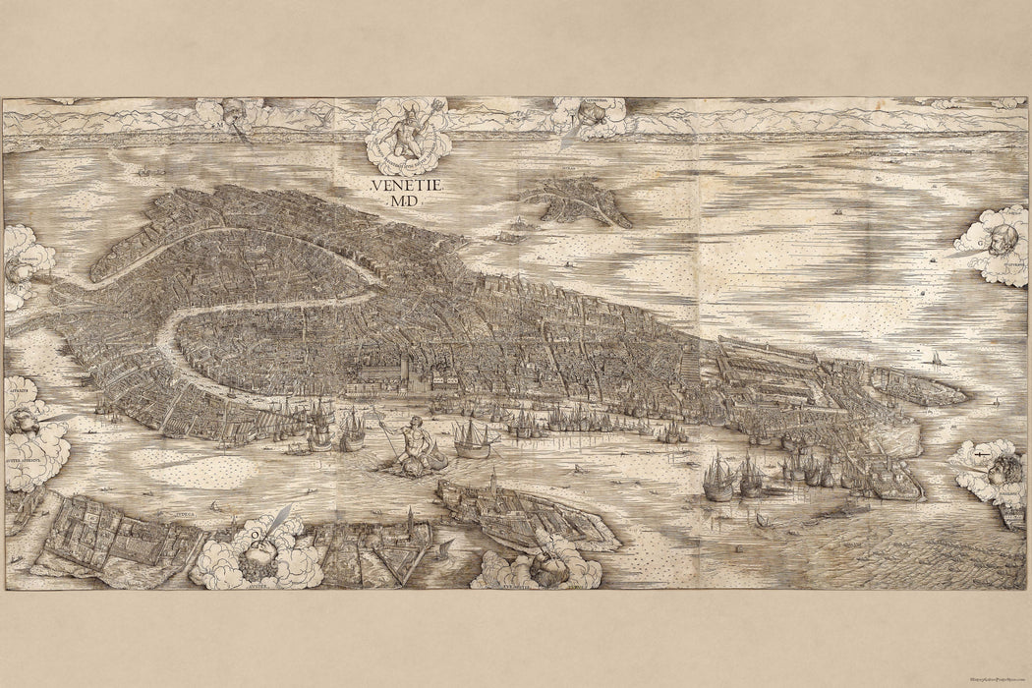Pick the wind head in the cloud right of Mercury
pos(591,115)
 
